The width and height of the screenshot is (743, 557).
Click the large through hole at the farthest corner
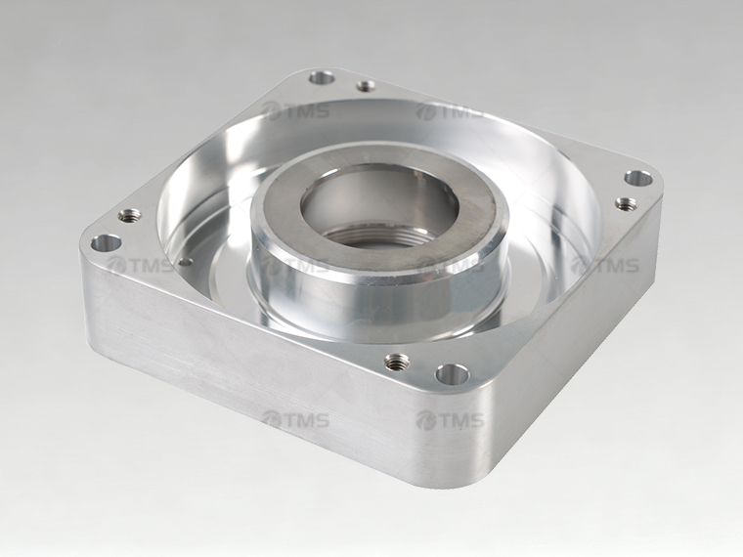[x=322, y=77]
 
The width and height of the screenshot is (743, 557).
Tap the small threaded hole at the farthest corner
[x=366, y=86]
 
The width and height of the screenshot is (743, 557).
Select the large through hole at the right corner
[x=638, y=179]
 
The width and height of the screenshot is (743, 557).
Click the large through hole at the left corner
[x=107, y=244]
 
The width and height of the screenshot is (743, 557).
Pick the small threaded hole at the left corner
[x=129, y=216]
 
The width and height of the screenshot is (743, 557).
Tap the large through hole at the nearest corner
[x=452, y=374]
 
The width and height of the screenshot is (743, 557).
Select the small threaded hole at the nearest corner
[x=397, y=363]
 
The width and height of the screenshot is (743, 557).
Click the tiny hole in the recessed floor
[x=186, y=261]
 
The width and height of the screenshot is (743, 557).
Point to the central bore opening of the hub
[x=375, y=204]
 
